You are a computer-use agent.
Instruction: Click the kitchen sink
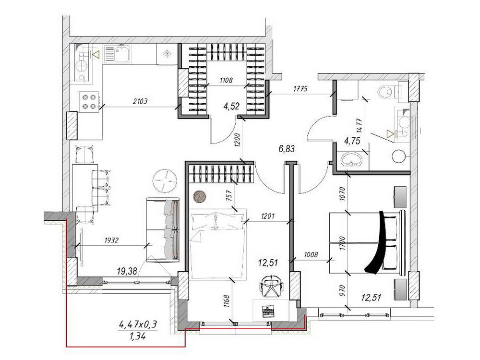[117, 54]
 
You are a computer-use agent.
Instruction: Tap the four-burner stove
[89, 102]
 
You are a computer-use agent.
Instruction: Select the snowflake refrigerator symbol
[167, 54]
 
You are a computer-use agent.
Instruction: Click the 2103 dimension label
[140, 101]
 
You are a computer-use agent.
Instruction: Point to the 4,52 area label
[231, 106]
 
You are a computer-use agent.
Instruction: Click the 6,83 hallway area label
[287, 149]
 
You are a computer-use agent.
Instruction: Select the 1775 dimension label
[300, 89]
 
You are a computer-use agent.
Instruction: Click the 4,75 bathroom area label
[352, 141]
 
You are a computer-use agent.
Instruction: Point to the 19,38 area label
[127, 271]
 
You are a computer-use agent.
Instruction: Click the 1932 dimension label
[111, 240]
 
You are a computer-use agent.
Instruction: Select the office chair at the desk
[272, 285]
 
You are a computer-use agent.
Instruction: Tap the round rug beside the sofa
[165, 181]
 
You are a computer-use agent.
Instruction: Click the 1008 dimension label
[311, 254]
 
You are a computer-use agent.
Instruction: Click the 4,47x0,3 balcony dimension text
[139, 324]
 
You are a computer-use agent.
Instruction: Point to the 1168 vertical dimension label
[226, 301]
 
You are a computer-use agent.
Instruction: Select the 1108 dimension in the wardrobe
[226, 81]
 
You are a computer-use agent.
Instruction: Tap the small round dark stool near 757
[200, 196]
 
